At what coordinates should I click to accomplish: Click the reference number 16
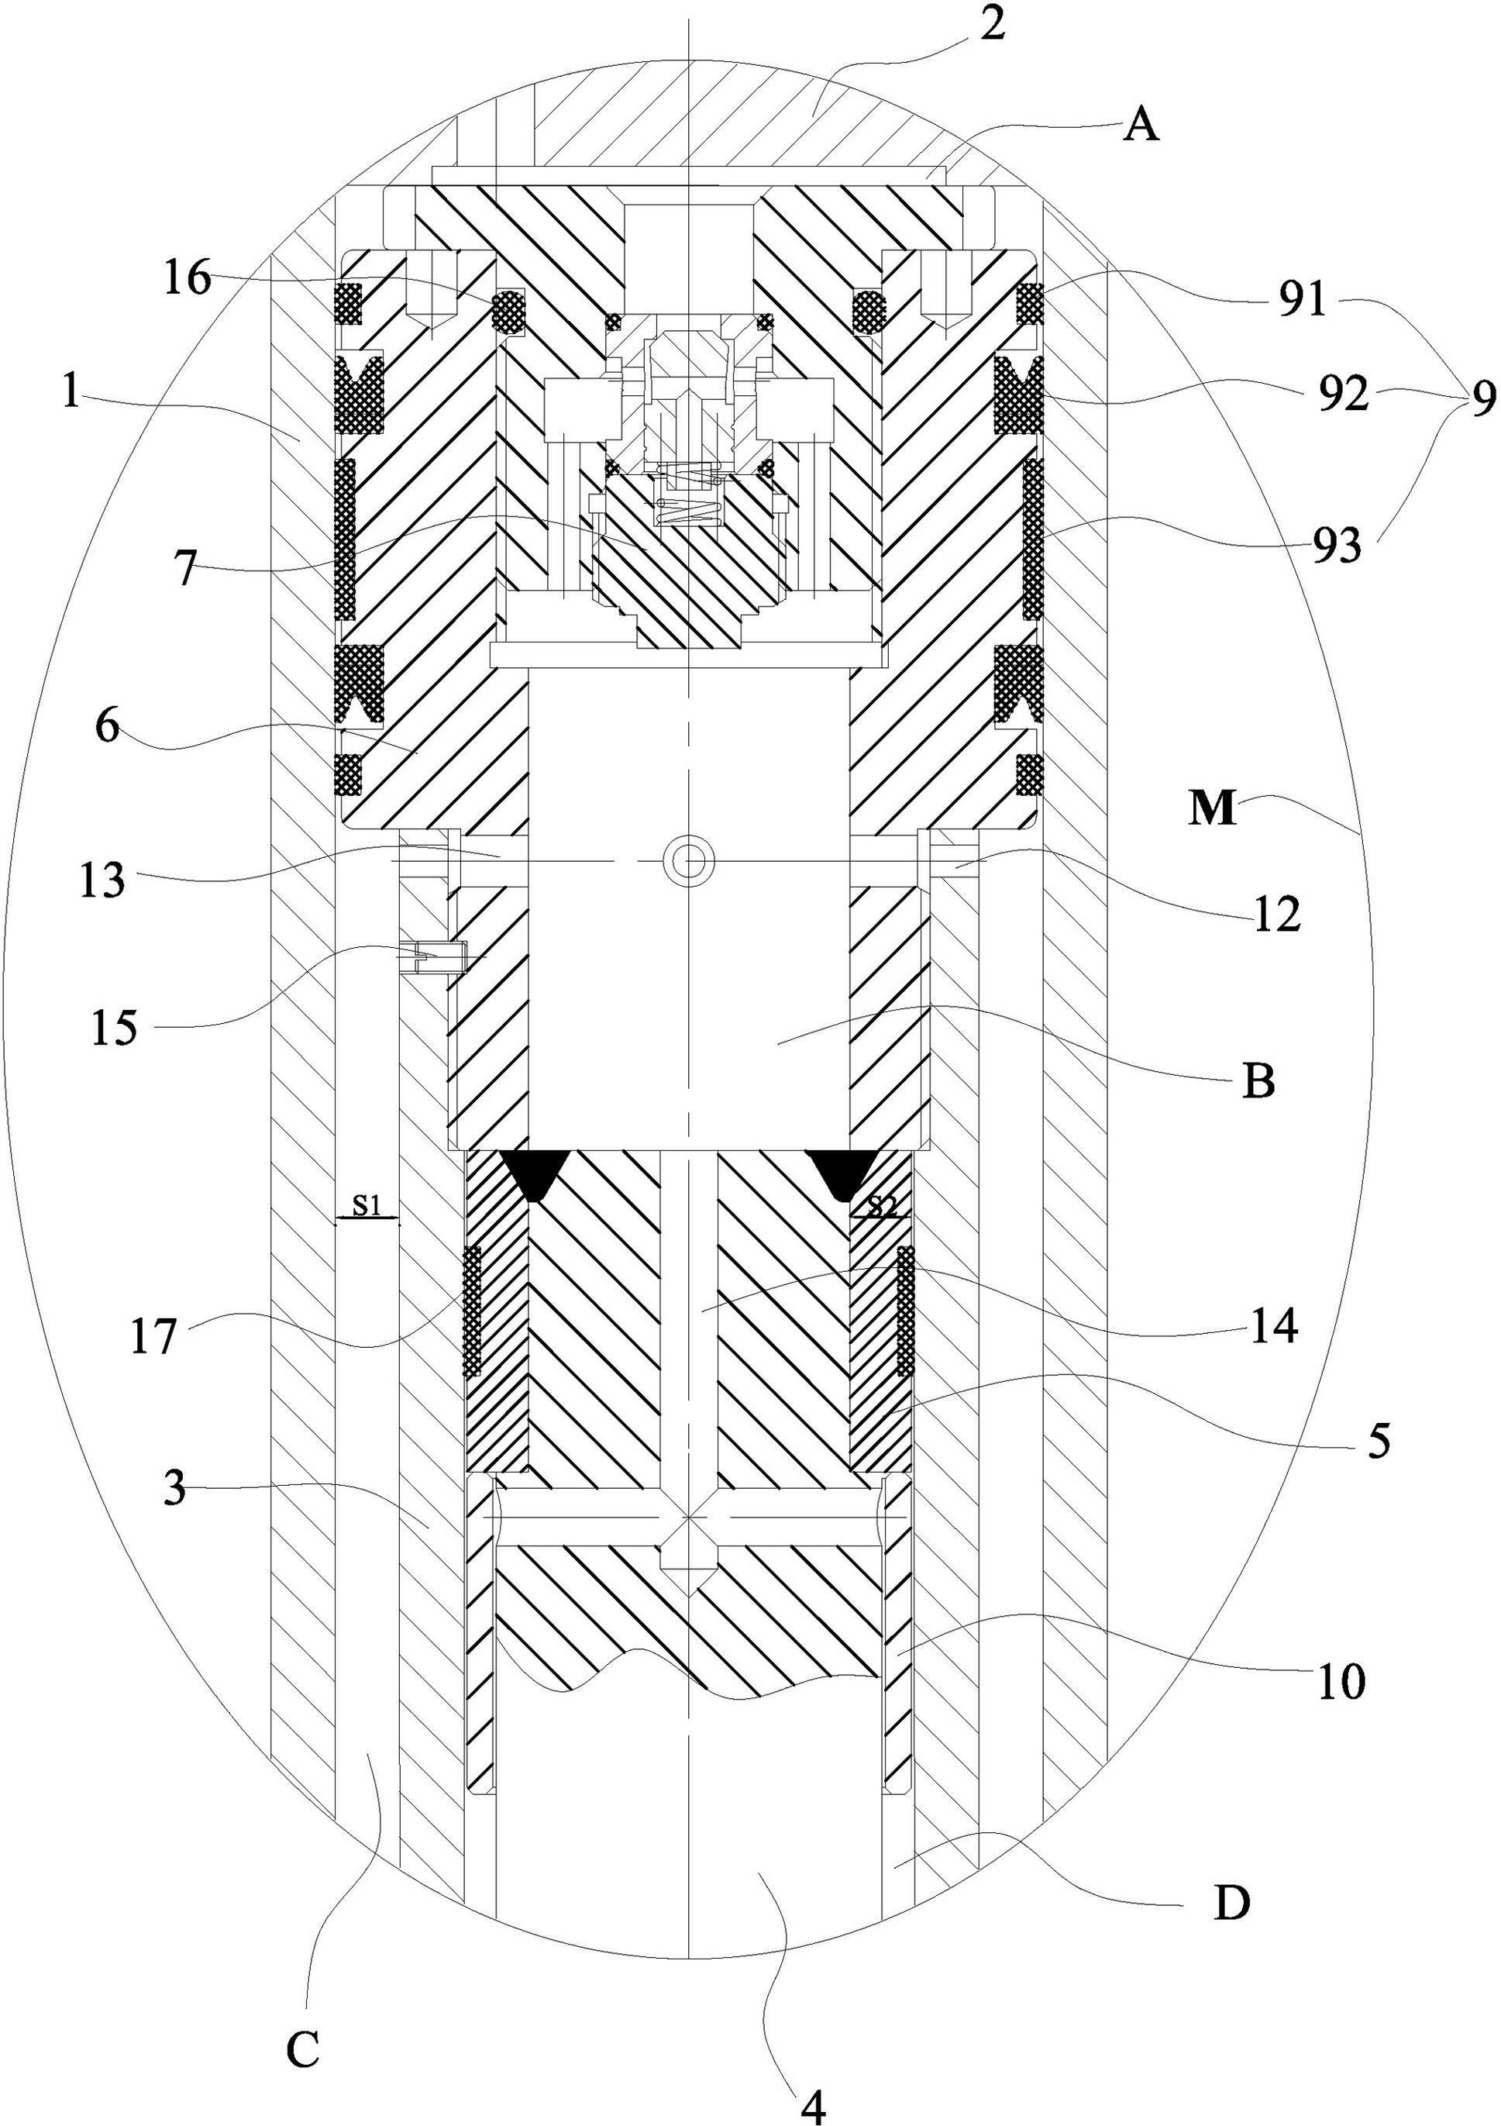[x=189, y=277]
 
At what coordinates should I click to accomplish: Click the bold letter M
[x=1213, y=809]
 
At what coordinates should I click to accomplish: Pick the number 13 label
[x=102, y=880]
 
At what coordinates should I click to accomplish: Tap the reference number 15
[x=114, y=1028]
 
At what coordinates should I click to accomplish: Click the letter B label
[x=1258, y=1080]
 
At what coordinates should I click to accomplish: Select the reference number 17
[x=152, y=1337]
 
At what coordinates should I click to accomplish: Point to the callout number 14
[x=1274, y=1327]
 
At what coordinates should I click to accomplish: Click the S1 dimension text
[x=367, y=1204]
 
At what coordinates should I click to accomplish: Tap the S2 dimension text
[x=882, y=1204]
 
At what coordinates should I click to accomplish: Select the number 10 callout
[x=1341, y=1680]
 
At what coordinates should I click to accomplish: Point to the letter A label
[x=1141, y=125]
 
